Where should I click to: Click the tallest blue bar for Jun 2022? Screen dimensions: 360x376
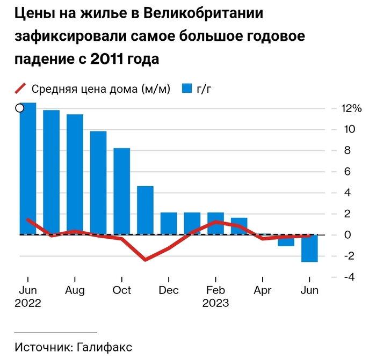point(28,168)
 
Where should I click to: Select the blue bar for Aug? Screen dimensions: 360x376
point(75,174)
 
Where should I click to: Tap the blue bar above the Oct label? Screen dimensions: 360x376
point(122,191)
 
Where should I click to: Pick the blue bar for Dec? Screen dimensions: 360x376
point(169,223)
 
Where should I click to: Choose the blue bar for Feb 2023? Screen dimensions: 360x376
point(215,223)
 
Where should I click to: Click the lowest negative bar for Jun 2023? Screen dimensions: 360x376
point(309,248)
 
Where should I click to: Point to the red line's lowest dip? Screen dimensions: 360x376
point(145,260)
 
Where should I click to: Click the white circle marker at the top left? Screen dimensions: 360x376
point(20,108)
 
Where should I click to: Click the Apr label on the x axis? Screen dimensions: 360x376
point(262,290)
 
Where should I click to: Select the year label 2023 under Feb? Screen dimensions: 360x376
point(215,303)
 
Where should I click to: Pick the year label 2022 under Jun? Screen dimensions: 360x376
point(28,303)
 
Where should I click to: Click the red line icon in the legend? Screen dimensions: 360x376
point(19,89)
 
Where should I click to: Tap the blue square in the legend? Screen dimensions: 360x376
point(187,89)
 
